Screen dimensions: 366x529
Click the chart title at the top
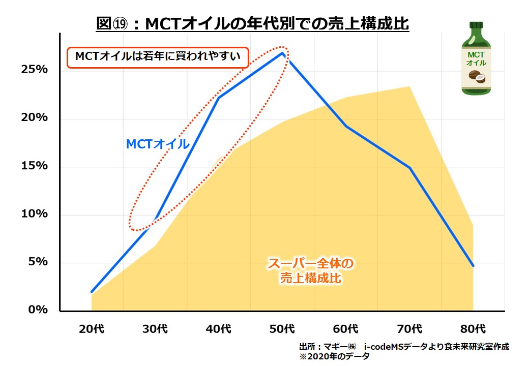tap(253, 23)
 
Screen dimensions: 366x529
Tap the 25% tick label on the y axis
tap(35, 70)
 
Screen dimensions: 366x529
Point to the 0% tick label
tap(38, 310)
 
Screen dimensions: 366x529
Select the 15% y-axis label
tap(35, 166)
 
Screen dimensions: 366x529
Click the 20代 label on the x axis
tap(92, 328)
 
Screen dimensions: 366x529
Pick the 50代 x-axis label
tap(282, 328)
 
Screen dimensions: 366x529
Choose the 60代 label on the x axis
tap(346, 328)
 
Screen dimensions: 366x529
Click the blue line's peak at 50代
tap(282, 53)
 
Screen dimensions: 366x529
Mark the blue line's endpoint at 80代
tap(473, 265)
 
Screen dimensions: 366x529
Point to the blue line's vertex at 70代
tap(409, 168)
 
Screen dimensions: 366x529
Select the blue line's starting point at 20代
tap(92, 292)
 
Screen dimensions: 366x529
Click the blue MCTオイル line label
tap(158, 144)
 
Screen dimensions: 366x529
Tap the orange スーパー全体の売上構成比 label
tap(310, 271)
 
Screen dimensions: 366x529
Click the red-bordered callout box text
tap(158, 57)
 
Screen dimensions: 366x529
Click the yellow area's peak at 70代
tap(409, 87)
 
